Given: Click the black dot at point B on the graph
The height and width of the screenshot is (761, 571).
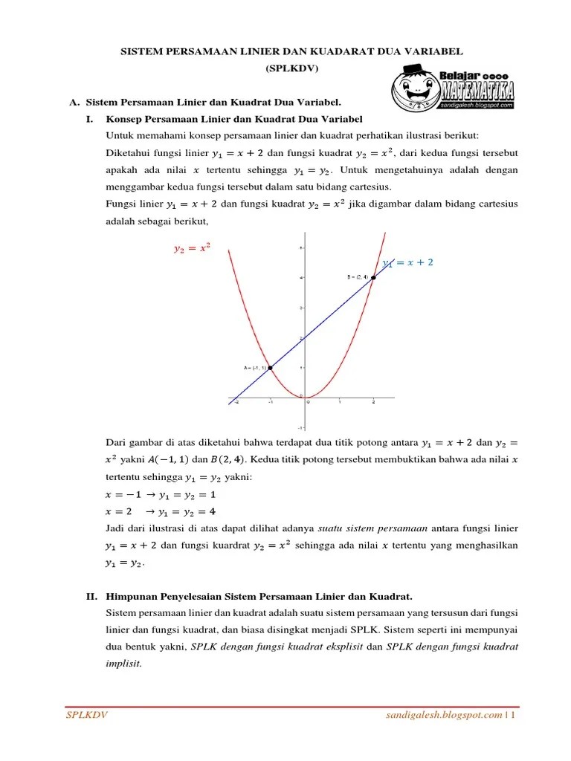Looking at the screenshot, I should pos(373,277).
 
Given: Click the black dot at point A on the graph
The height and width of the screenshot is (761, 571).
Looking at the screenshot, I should pos(271,367).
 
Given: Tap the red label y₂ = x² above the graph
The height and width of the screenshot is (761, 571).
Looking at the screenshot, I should pos(192,250).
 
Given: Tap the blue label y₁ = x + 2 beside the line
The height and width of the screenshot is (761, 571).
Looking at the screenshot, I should pos(407,262).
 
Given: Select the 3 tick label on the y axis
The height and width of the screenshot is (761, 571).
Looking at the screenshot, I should pos(300,307).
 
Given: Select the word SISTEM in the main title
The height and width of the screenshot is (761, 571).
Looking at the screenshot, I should pos(142,51).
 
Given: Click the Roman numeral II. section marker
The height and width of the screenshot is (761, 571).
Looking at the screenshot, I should pos(91,596).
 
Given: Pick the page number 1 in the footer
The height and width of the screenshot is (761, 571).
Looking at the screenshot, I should pos(513,715).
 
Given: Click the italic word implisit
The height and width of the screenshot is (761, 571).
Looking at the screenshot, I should pos(123,664).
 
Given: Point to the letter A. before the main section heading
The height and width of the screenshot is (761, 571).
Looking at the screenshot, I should pos(74,102).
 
